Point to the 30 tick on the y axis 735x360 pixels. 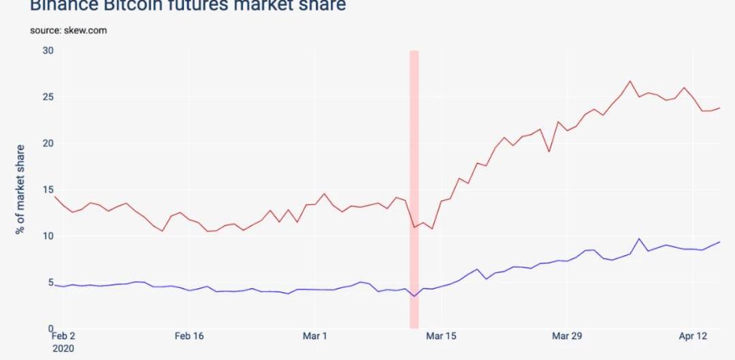click(48, 50)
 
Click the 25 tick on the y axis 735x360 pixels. click(48, 97)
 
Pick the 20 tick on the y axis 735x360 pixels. click(48, 144)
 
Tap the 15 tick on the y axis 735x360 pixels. click(48, 190)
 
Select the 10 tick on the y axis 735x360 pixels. click(48, 236)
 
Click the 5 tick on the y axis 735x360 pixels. click(50, 282)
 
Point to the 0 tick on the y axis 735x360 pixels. click(50, 329)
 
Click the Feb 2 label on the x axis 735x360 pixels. click(64, 336)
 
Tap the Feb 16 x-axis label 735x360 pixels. click(189, 336)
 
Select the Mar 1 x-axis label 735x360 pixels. click(314, 336)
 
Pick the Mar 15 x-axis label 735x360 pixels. click(440, 336)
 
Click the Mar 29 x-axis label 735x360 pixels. click(566, 336)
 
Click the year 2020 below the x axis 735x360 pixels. click(63, 348)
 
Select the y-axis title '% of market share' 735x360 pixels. click(20, 189)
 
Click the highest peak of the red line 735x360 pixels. click(630, 81)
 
